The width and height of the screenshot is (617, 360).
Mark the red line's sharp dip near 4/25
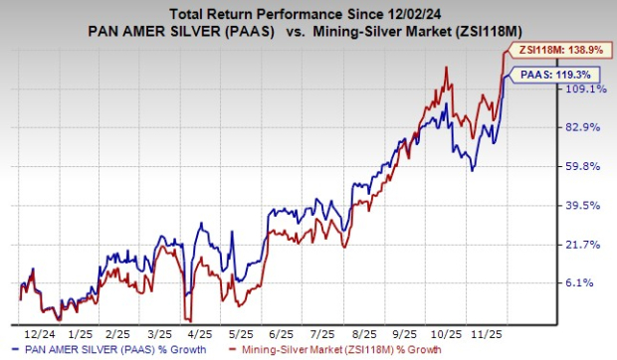[185, 316]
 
